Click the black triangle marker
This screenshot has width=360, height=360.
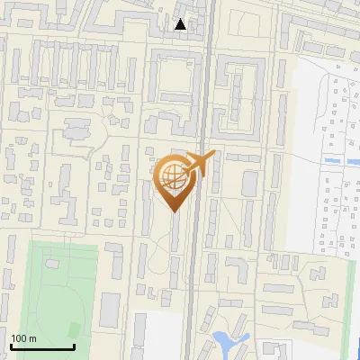click(181, 24)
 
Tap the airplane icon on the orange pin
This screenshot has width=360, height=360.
click(200, 164)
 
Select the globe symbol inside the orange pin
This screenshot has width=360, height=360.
click(173, 176)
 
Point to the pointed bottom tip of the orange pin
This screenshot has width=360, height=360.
click(174, 212)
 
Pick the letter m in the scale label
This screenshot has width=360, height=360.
click(32, 338)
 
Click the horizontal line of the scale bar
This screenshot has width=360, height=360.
click(42, 347)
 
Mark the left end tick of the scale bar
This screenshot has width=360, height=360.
click(11, 345)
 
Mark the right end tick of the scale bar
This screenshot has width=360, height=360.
click(74, 345)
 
